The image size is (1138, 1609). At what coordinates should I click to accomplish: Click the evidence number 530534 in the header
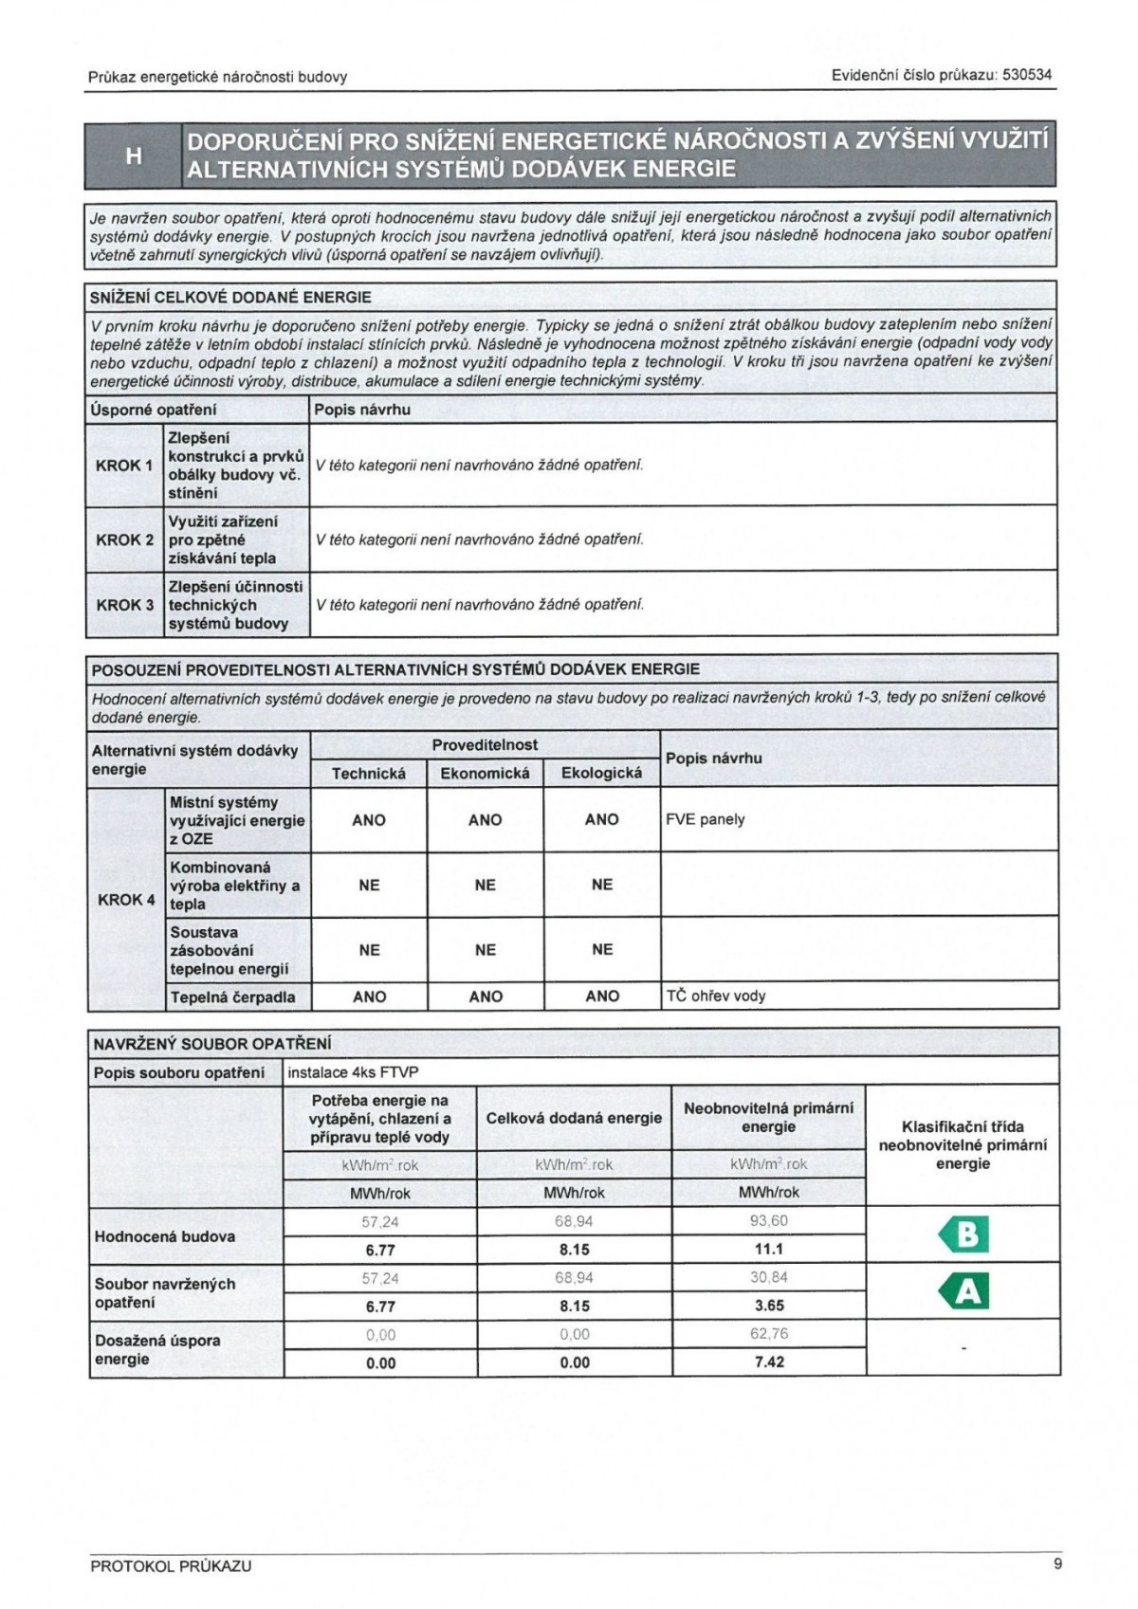coord(1027,75)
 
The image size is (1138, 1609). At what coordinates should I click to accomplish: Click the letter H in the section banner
coord(133,155)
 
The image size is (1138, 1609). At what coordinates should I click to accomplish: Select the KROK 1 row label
coord(124,466)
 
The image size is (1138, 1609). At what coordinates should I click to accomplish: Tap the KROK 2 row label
coord(124,539)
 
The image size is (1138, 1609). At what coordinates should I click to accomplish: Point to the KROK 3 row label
coord(124,605)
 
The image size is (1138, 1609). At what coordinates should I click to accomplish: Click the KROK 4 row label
coord(126,899)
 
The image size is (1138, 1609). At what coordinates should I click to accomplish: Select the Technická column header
coord(369,774)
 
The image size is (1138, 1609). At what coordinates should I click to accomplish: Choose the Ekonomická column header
coord(485,774)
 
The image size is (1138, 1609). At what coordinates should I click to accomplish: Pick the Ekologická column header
coord(601,774)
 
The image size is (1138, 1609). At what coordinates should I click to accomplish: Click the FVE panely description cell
coord(706,819)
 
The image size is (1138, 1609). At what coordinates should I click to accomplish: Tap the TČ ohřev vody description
coord(716,996)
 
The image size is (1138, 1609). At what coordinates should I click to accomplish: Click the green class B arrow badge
coord(964,1234)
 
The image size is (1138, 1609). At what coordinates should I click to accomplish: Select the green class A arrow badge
coord(964,1291)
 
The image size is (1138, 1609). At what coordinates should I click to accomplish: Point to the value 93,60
coord(769,1220)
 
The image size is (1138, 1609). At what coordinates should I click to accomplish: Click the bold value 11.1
coord(769,1249)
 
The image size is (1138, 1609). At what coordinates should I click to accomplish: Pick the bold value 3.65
coord(769,1306)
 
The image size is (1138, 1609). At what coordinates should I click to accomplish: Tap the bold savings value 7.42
coord(769,1362)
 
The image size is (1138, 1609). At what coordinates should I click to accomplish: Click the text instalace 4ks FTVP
coord(353,1072)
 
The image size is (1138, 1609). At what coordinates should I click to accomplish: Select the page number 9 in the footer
coord(1057,1563)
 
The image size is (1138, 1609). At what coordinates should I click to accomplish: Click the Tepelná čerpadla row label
coord(232,996)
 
